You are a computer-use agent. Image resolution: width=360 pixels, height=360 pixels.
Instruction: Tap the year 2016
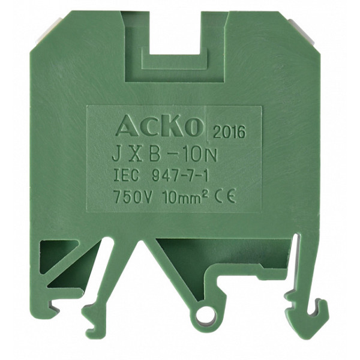point(229,132)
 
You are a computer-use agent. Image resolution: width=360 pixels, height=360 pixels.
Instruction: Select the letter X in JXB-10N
point(137,155)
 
